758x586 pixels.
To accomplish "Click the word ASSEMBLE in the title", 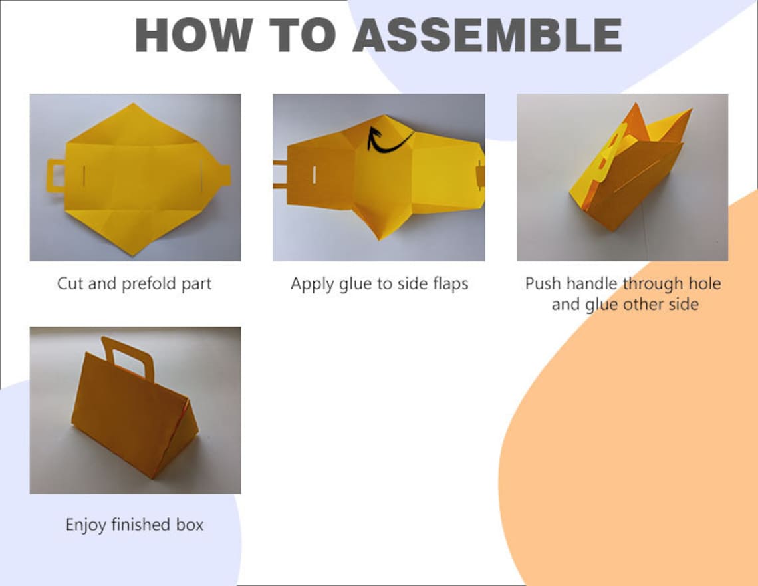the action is click(x=487, y=35).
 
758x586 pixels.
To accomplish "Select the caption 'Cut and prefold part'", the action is click(x=134, y=284).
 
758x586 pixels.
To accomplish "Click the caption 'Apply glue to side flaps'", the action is click(x=380, y=284).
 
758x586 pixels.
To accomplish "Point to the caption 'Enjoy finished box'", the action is click(x=134, y=525).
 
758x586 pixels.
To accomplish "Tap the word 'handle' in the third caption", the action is click(x=596, y=283).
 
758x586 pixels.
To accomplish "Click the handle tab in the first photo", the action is click(x=56, y=175).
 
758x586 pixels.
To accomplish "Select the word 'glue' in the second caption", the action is click(x=355, y=285).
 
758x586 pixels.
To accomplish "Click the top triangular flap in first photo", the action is click(x=134, y=124).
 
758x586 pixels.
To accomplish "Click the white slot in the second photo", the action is click(x=315, y=175).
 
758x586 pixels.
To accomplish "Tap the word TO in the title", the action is click(x=302, y=35).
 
